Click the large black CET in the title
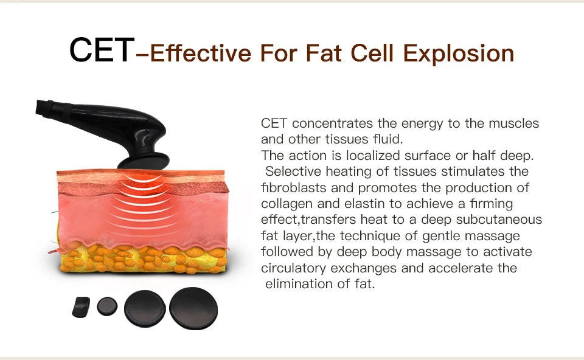[101, 50]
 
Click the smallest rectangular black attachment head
[81, 306]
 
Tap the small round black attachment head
[107, 305]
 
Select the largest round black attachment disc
[193, 308]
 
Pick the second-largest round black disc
[145, 308]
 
